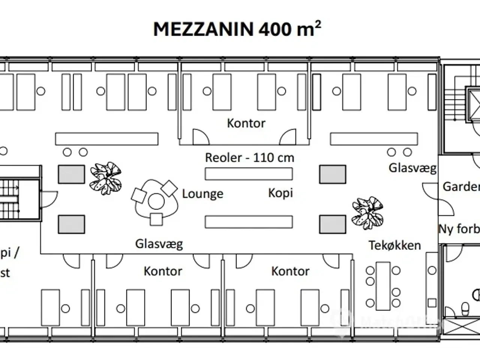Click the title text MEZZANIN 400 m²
click(237, 29)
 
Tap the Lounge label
click(202, 194)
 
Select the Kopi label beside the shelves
click(280, 193)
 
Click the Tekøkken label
click(394, 245)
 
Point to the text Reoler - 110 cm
click(249, 157)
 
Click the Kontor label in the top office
click(246, 123)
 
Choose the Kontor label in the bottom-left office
click(163, 271)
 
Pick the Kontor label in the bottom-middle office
click(290, 271)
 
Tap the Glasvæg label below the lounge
click(159, 244)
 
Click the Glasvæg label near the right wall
click(412, 168)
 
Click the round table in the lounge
click(156, 201)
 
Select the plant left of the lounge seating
click(105, 178)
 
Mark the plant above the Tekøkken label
click(367, 212)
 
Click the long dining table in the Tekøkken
click(383, 286)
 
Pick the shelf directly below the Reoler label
click(249, 174)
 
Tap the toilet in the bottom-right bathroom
click(465, 309)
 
